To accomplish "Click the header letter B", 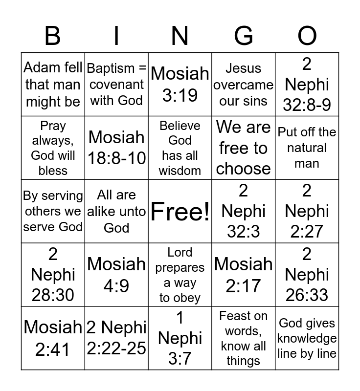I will (x=53, y=36).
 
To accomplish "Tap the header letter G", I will (x=244, y=36).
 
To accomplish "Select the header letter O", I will (x=307, y=36).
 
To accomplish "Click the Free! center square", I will (x=180, y=212).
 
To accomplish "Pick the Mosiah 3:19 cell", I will (x=180, y=85).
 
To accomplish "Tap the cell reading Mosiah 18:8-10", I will (x=116, y=148).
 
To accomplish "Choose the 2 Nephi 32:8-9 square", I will (x=307, y=85).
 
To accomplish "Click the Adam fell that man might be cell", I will (x=53, y=85).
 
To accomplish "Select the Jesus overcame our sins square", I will (x=244, y=85).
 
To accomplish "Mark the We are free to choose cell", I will (x=244, y=148).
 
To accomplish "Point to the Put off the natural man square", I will (x=307, y=148).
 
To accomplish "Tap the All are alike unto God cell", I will (x=116, y=212).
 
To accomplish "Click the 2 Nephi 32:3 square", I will (x=244, y=212).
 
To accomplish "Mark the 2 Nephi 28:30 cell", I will (x=53, y=275).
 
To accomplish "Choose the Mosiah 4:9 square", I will (x=116, y=275).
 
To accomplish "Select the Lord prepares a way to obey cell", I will (x=180, y=275).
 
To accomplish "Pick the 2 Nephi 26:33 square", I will (x=307, y=275).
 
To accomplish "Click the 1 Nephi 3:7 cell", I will (x=180, y=339).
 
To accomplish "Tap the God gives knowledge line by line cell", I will (x=307, y=339).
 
